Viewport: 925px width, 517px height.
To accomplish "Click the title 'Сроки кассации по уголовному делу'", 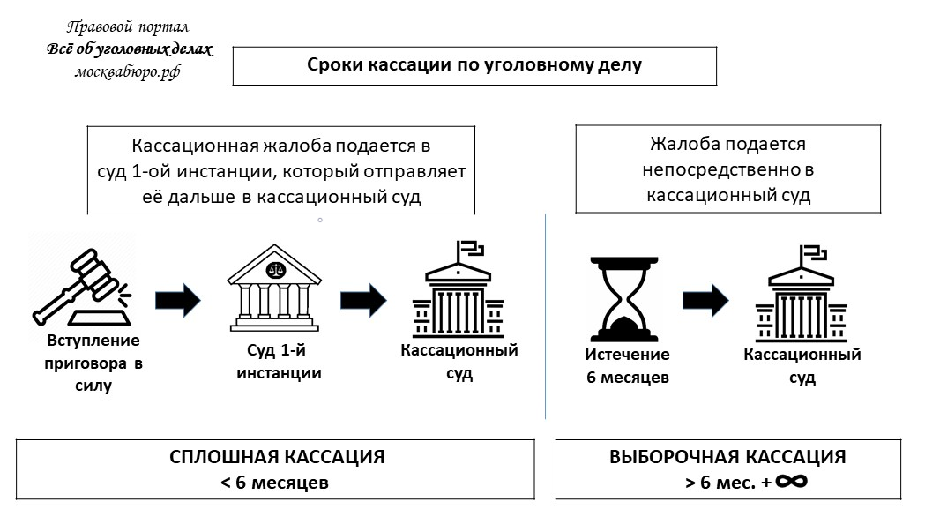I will click(474, 65).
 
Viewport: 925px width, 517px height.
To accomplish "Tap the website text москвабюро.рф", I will click(129, 71).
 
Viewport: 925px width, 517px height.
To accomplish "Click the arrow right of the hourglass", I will click(705, 300).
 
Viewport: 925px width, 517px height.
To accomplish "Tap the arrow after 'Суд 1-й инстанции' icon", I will click(363, 300).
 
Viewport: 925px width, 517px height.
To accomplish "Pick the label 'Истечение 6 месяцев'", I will click(628, 366).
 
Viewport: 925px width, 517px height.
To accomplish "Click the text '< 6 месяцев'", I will click(275, 483).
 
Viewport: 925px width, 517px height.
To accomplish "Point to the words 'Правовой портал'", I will click(129, 28).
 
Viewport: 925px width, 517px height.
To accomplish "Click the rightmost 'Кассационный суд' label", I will click(802, 366).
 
